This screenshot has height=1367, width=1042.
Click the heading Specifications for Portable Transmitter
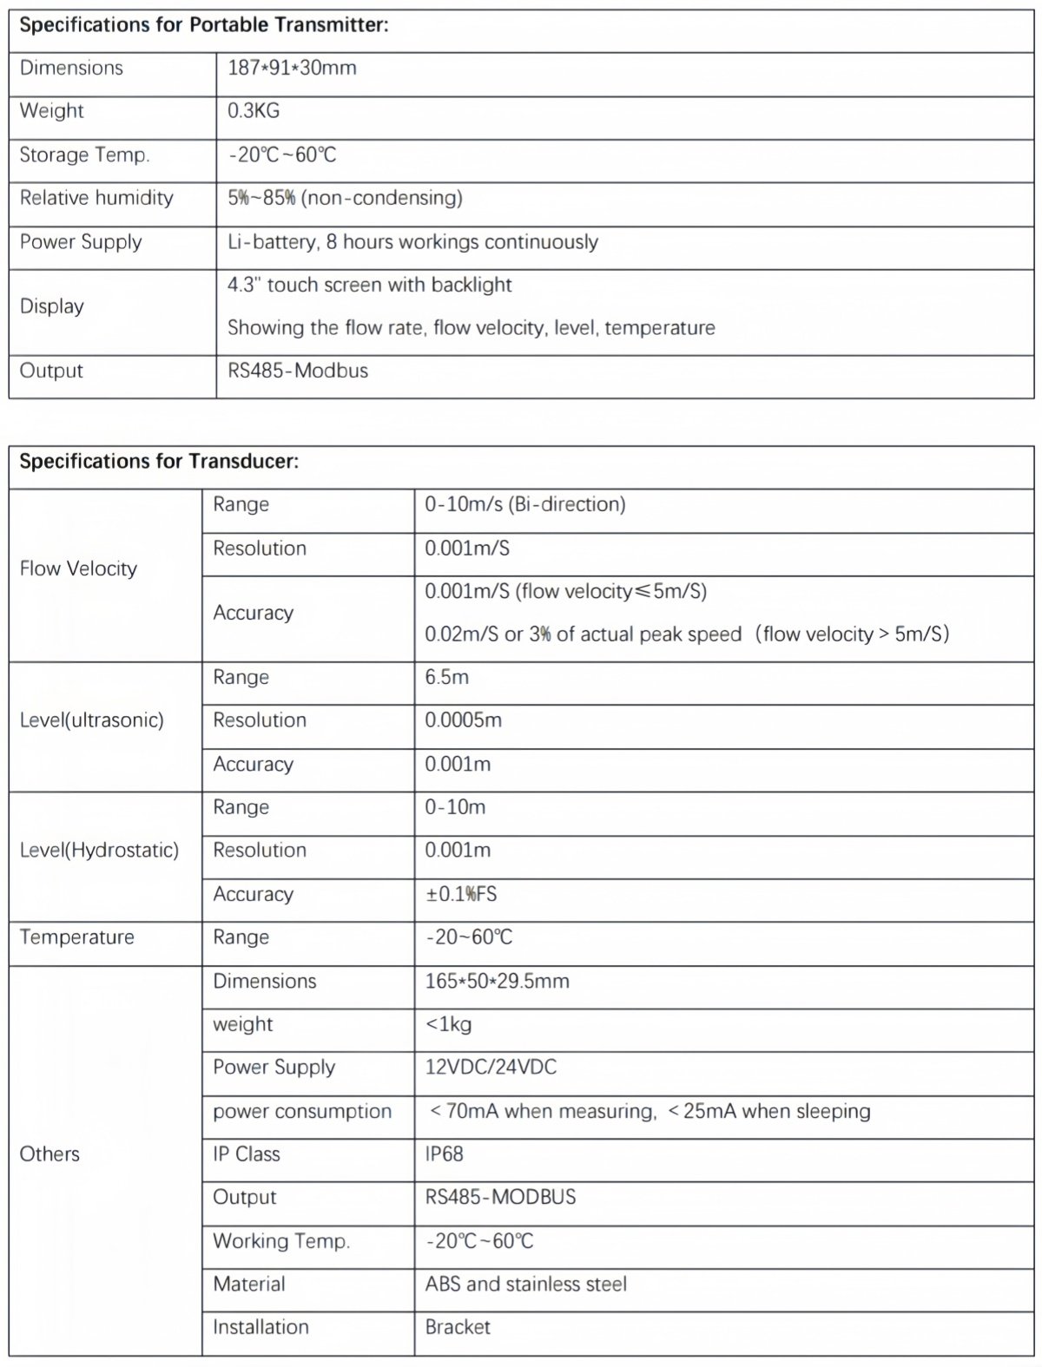click(203, 25)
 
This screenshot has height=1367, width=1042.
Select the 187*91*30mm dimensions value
click(292, 68)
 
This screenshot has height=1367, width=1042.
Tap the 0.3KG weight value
click(254, 111)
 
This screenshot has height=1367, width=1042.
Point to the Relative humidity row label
click(96, 198)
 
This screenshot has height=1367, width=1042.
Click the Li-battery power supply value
click(412, 242)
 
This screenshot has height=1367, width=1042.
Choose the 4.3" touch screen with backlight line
click(369, 286)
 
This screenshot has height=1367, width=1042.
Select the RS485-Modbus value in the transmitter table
click(298, 371)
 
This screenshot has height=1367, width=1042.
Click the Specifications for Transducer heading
click(159, 462)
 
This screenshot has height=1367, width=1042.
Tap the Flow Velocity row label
click(78, 568)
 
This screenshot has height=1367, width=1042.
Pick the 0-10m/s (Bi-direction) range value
click(524, 504)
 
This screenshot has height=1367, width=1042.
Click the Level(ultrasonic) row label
click(91, 720)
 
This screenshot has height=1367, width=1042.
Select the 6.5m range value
click(446, 677)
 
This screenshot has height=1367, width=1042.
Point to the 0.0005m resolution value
click(463, 720)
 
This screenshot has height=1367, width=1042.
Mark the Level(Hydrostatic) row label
click(99, 851)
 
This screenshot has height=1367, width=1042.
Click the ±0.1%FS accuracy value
click(460, 894)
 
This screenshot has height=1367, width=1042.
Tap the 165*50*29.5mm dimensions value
click(497, 982)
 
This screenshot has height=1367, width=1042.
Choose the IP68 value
click(444, 1154)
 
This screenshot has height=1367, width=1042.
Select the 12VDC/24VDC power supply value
click(491, 1068)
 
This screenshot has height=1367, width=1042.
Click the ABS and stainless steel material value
click(525, 1285)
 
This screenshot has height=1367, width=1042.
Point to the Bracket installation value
click(458, 1327)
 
